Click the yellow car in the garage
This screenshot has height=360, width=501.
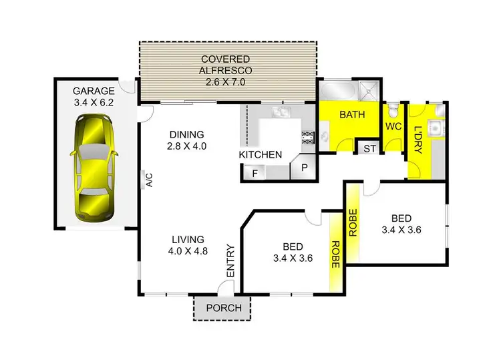point(94,168)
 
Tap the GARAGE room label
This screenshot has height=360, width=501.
point(94,91)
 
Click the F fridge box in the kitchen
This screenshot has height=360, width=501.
point(255,172)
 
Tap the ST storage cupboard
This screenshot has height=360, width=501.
point(369,148)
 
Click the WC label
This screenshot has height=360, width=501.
point(392,126)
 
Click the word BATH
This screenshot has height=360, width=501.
point(352,115)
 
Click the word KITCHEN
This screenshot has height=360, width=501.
point(261,155)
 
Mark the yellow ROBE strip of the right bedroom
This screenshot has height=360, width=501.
point(353,224)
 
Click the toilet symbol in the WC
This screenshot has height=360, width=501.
point(394,108)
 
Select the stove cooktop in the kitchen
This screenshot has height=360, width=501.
point(309,138)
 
